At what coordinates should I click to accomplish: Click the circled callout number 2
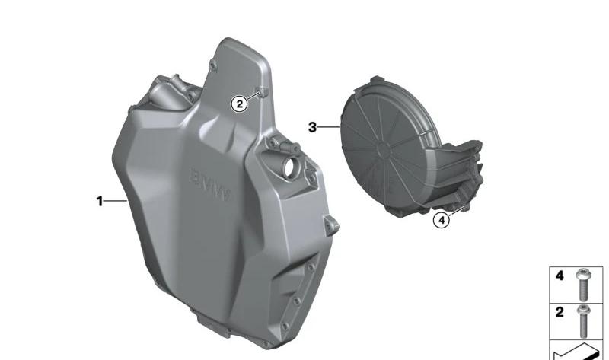point(239,104)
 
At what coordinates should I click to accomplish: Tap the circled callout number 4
point(442,221)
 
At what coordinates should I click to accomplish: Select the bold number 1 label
point(100,201)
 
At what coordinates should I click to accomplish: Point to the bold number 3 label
point(312,127)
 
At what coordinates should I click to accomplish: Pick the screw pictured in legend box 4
point(582,285)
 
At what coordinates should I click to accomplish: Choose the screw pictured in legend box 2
point(582,321)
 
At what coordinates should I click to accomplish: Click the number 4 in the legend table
point(560,276)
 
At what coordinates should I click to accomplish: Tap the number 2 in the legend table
point(560,312)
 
